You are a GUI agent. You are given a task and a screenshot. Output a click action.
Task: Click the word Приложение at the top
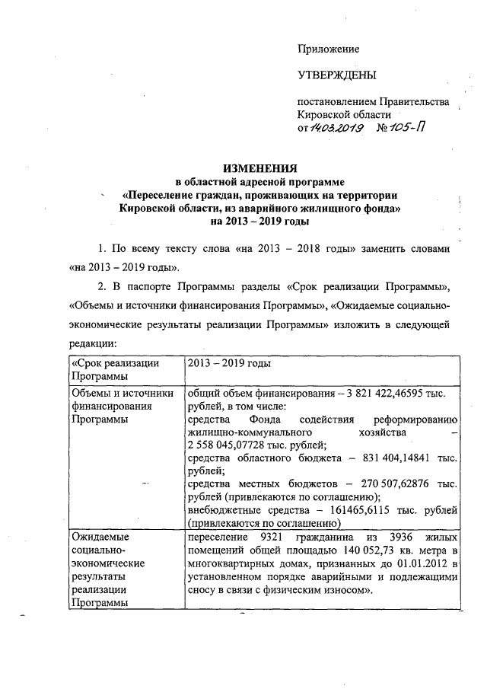328,49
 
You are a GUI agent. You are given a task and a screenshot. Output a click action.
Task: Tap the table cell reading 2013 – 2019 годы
225,363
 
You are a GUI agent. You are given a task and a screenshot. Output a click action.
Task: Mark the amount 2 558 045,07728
232,445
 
